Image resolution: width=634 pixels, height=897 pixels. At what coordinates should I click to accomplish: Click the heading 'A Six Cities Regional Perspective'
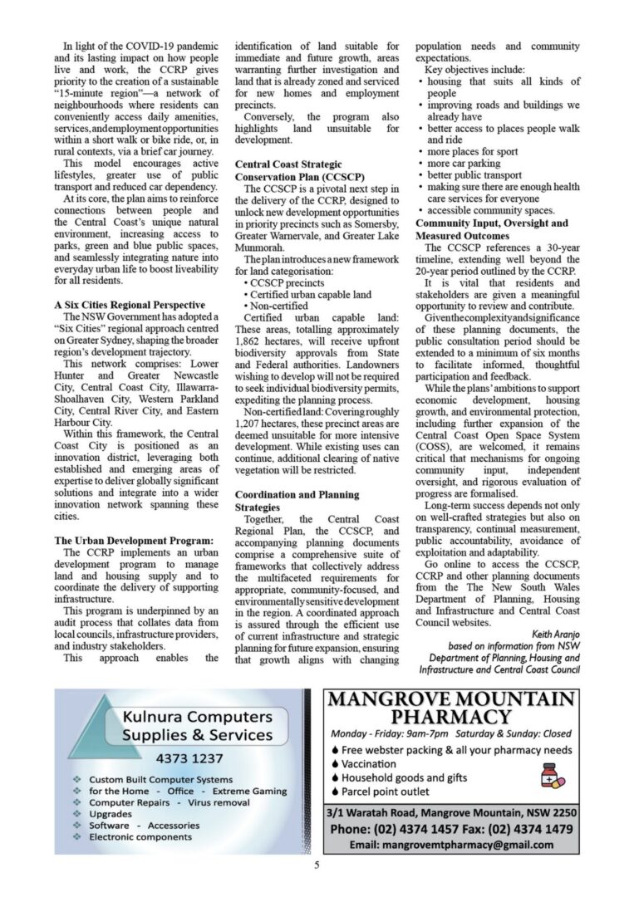(x=130, y=305)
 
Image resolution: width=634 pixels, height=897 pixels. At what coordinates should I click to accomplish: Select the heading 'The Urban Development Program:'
(x=134, y=541)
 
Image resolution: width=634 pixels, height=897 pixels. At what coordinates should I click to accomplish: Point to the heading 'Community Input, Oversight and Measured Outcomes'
(x=492, y=229)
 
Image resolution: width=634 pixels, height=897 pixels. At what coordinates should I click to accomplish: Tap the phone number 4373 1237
(x=189, y=757)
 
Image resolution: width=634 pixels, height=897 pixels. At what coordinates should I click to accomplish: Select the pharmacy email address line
(x=451, y=845)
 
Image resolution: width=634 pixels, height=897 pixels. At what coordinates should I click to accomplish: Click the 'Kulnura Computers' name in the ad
(x=196, y=715)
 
